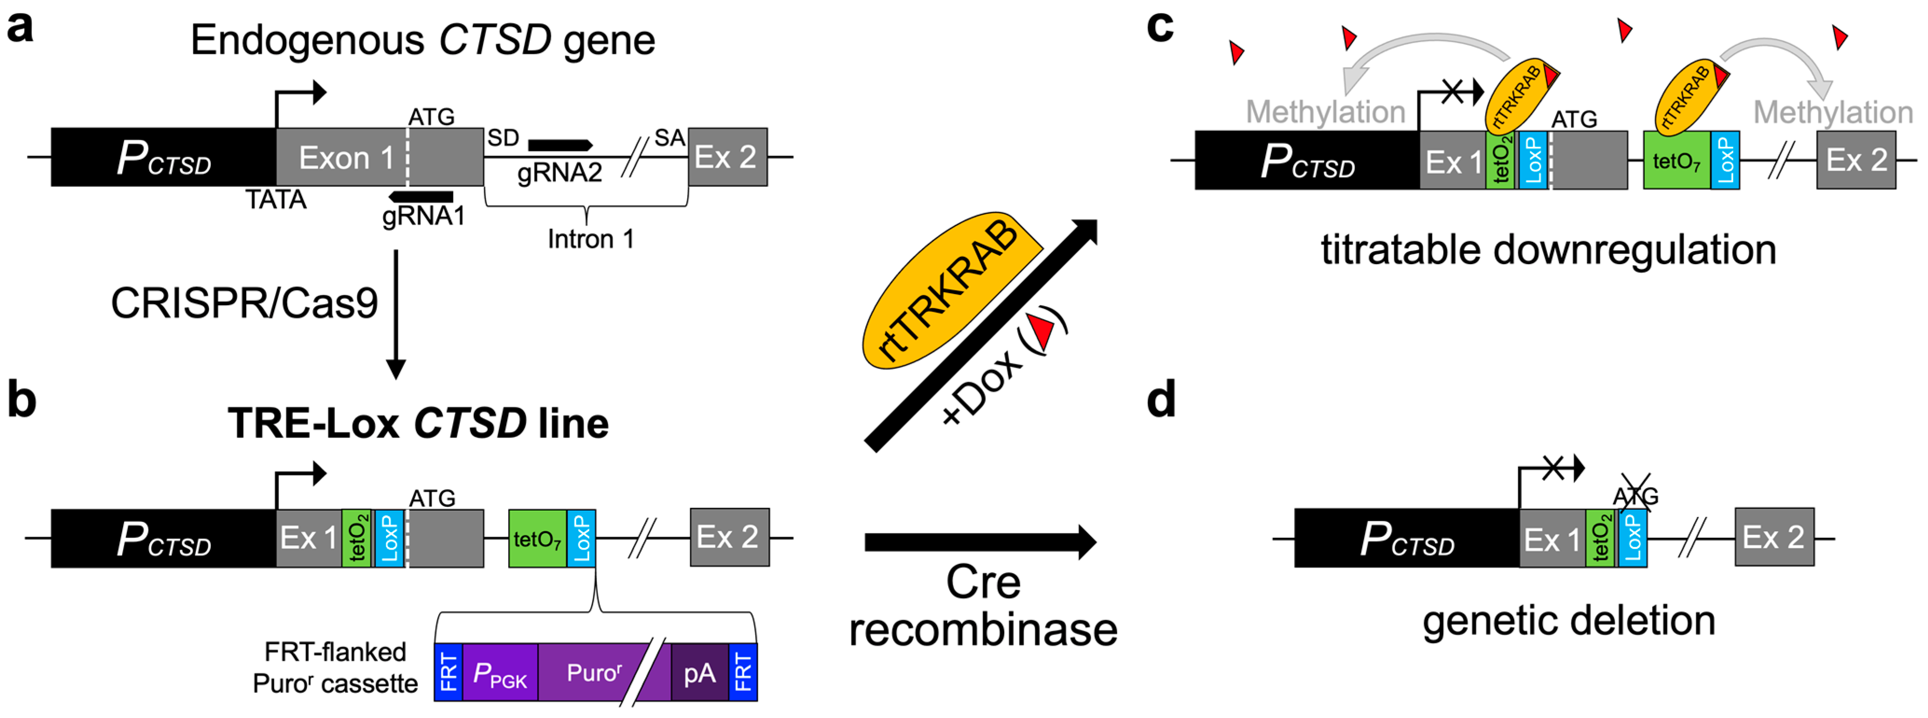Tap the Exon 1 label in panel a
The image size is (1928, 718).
click(x=346, y=158)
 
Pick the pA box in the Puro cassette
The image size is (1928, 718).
click(x=699, y=673)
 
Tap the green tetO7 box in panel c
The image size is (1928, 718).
click(x=1676, y=161)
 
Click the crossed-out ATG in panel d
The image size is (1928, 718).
click(x=1635, y=495)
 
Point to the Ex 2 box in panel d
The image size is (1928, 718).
click(x=1774, y=537)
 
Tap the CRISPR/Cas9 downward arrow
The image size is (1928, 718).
click(x=395, y=314)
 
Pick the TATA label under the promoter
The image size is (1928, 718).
click(x=275, y=200)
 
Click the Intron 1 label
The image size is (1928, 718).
click(x=591, y=239)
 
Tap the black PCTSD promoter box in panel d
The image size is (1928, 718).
click(x=1405, y=538)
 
